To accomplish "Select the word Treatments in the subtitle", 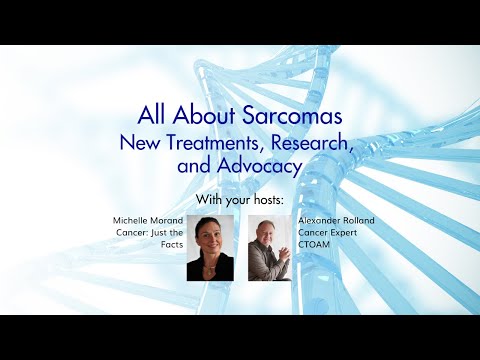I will click(x=215, y=144).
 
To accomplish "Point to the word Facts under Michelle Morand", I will click(x=170, y=246).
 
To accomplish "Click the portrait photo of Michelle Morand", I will click(x=210, y=247).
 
